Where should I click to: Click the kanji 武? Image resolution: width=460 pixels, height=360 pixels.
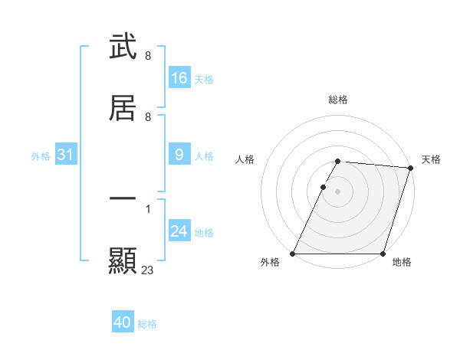123,47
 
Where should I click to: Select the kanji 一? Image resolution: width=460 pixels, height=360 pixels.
123,198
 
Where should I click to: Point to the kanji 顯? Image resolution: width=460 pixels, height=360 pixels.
123,260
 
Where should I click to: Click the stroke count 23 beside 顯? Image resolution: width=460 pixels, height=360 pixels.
148,270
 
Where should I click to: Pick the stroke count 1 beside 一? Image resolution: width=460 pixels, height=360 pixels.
148,208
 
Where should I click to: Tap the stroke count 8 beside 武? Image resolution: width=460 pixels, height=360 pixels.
148,56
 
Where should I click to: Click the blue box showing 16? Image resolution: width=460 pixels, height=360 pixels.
179,78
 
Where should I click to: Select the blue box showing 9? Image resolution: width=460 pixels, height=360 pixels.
179,155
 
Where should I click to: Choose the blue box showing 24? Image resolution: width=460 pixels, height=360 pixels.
179,231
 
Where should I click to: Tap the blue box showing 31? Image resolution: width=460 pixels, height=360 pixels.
66,155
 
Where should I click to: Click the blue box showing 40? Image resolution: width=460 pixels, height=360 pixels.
123,322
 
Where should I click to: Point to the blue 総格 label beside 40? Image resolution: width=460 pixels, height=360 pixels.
147,324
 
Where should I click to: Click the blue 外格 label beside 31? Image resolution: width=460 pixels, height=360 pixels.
41,156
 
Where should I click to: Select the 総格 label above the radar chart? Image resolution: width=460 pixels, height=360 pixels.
338,100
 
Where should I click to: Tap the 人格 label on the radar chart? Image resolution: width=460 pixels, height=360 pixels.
245,159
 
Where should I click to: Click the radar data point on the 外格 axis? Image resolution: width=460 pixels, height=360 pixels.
293,254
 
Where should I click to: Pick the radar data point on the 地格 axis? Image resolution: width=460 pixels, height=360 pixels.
383,254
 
